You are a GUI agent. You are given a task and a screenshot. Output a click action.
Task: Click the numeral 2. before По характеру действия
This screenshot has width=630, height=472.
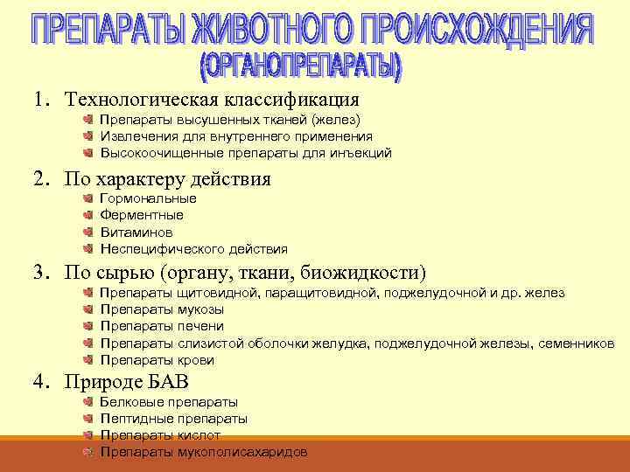43,179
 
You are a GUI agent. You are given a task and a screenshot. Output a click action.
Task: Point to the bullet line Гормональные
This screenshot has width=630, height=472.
148,198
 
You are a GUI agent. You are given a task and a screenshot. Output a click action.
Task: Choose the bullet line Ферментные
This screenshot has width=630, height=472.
142,215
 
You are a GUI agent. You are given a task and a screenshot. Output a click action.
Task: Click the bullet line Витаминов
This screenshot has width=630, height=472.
136,232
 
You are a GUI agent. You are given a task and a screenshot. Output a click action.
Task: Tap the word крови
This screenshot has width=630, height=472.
195,360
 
